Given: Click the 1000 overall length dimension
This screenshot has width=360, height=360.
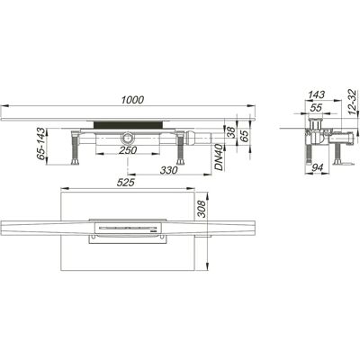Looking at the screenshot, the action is pyautogui.click(x=132, y=100).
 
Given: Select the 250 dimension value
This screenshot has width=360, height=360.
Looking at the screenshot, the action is pyautogui.click(x=128, y=150).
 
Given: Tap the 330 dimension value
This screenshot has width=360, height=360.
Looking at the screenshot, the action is pyautogui.click(x=169, y=170).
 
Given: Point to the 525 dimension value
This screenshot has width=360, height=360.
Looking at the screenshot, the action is pyautogui.click(x=125, y=183).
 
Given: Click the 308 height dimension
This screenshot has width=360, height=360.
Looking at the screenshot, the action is pyautogui.click(x=202, y=209).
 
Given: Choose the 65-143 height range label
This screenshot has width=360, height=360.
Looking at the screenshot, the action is pyautogui.click(x=40, y=144).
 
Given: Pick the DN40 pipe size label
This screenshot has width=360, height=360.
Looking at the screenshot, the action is pyautogui.click(x=220, y=157).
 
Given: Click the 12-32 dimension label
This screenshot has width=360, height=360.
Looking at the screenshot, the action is pyautogui.click(x=353, y=103).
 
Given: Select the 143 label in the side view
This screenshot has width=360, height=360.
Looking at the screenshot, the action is pyautogui.click(x=317, y=94).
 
